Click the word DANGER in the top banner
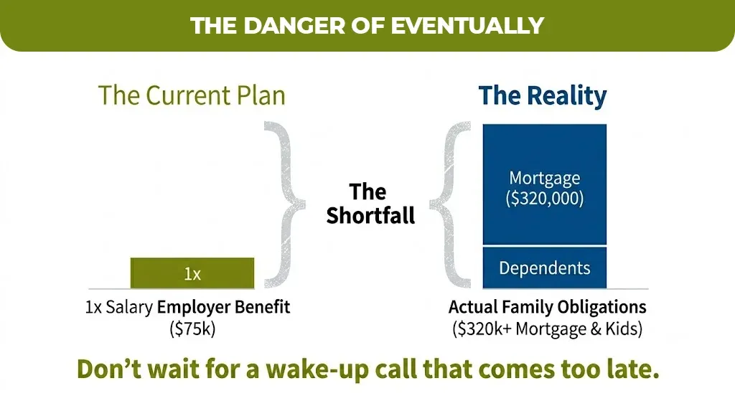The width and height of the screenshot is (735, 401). [x=294, y=26]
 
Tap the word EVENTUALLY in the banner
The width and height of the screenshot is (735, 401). [x=467, y=26]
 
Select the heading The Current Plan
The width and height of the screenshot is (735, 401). [x=192, y=95]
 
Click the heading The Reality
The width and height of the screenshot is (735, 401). [x=543, y=95]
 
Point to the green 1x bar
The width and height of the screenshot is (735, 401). [x=192, y=273]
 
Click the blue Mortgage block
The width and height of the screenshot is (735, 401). [x=545, y=184]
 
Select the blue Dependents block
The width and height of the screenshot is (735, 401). [x=545, y=268]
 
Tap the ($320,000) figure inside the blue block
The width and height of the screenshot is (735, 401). [x=545, y=199]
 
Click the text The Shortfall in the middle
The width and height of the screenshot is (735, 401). [x=370, y=204]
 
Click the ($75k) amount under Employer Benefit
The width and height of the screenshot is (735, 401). [x=192, y=329]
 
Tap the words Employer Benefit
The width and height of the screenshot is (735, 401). [x=224, y=307]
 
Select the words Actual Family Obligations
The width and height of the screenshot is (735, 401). [x=548, y=307]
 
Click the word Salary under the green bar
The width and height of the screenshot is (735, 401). [x=129, y=308]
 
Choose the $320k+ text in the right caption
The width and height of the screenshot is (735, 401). [x=482, y=329]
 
